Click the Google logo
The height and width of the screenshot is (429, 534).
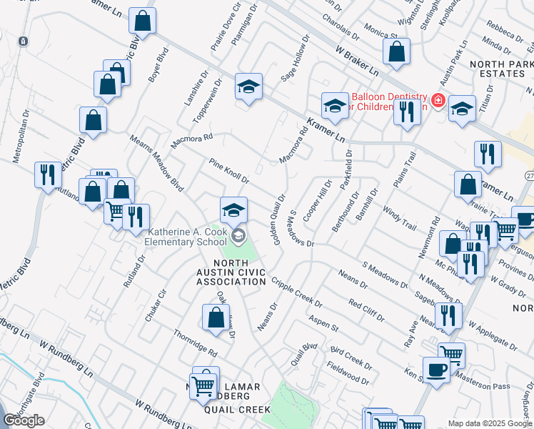click(24, 420)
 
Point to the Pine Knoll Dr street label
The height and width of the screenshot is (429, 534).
click(228, 171)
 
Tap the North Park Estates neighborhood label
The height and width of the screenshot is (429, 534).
click(498, 69)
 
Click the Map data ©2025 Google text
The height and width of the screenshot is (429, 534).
click(490, 423)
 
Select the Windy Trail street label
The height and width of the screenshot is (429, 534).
click(398, 217)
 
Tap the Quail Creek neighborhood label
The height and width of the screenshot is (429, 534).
click(237, 410)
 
